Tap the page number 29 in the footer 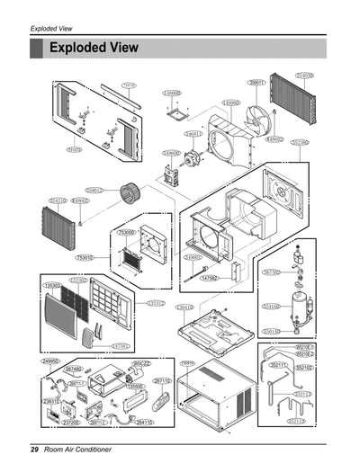pyautogui.click(x=33, y=448)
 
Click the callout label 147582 pyautogui.click(x=209, y=279)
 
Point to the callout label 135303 pyautogui.click(x=52, y=285)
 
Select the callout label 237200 pyautogui.click(x=71, y=422)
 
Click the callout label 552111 pyautogui.click(x=279, y=365)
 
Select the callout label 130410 pyautogui.click(x=184, y=307)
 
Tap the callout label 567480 pyautogui.click(x=74, y=370)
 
